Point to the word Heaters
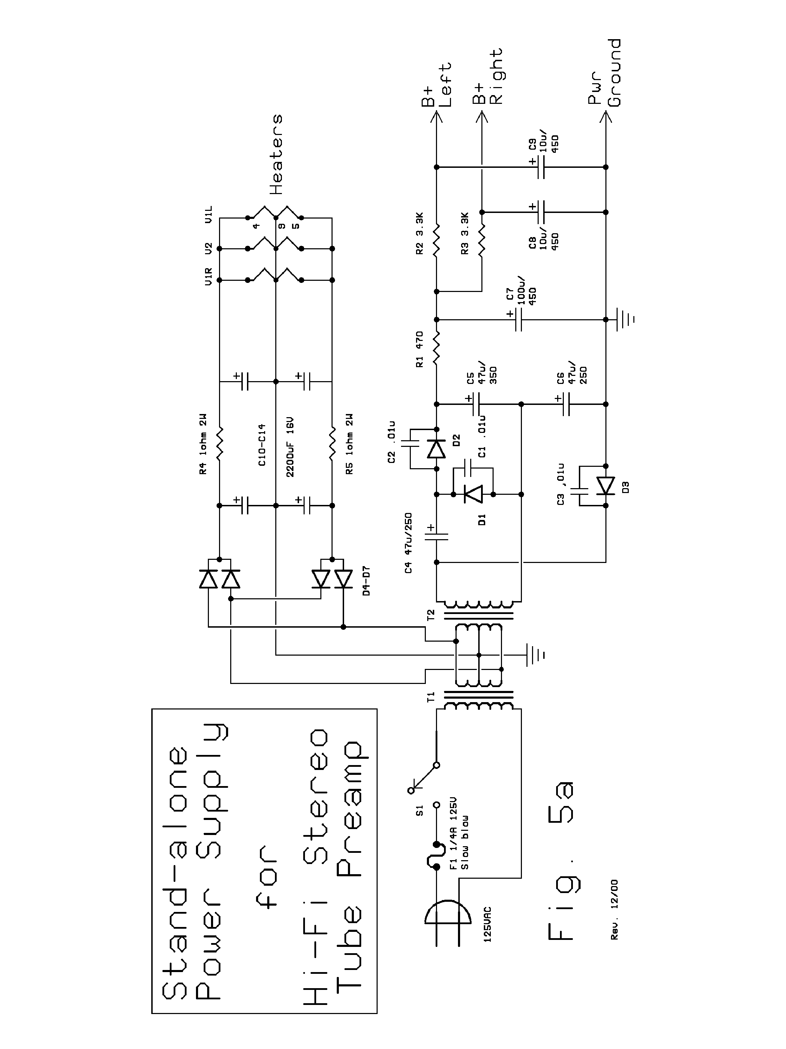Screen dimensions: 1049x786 [x=276, y=154]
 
